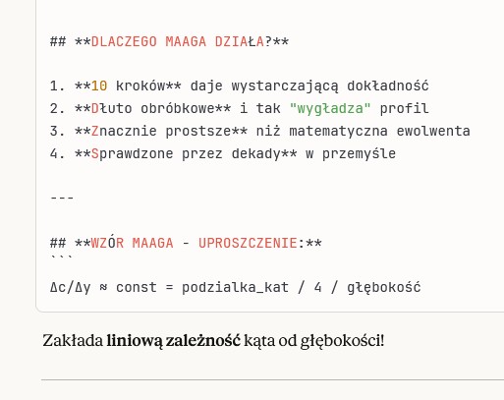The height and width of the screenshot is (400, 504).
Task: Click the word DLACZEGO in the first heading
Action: pyautogui.click(x=124, y=41)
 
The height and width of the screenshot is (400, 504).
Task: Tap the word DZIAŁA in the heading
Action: pyautogui.click(x=240, y=41)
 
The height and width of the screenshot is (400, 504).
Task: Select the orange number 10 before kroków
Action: pyautogui.click(x=99, y=86)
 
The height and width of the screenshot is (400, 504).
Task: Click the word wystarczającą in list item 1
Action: pyautogui.click(x=285, y=86)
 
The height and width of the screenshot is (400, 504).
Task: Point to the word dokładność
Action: pyautogui.click(x=388, y=86)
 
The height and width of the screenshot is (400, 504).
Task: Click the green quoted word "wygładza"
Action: pyautogui.click(x=330, y=108)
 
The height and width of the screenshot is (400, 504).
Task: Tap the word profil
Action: pyautogui.click(x=404, y=108)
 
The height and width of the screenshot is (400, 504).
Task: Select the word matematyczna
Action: pyautogui.click(x=338, y=131)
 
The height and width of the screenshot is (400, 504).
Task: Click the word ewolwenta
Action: pyautogui.click(x=433, y=131)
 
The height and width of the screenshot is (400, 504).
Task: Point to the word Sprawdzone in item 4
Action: pyautogui.click(x=133, y=153)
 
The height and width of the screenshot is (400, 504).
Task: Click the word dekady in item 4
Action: pyautogui.click(x=256, y=153)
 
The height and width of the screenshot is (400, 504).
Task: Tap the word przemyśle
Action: pyautogui.click(x=359, y=153)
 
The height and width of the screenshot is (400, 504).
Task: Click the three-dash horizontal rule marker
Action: pyautogui.click(x=62, y=199)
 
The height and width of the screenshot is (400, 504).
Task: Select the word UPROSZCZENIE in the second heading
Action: pyautogui.click(x=248, y=243)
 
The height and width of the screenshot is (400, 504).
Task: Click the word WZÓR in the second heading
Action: pyautogui.click(x=107, y=243)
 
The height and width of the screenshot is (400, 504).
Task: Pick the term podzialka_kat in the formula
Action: pyautogui.click(x=236, y=288)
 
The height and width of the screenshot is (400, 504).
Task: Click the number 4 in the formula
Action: pyautogui.click(x=317, y=288)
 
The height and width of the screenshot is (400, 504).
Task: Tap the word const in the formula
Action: pyautogui.click(x=137, y=288)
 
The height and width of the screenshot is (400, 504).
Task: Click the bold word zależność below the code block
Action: pyautogui.click(x=203, y=340)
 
